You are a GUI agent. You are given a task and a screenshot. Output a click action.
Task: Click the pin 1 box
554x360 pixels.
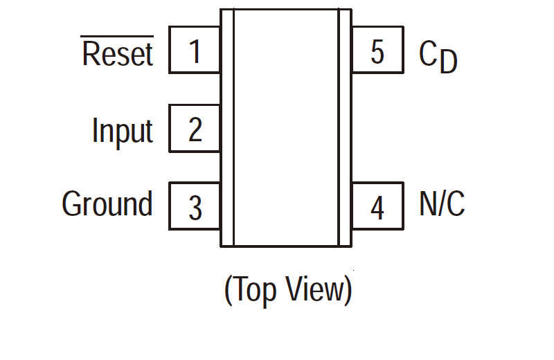195,51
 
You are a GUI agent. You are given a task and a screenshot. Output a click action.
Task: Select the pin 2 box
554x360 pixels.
195,129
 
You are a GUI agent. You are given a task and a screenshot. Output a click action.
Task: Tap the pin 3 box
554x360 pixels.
195,206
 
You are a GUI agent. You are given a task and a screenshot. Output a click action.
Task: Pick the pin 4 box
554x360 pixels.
377,206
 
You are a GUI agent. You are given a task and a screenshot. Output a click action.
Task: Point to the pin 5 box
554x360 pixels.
377,51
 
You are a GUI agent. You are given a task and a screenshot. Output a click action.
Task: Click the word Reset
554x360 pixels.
117,54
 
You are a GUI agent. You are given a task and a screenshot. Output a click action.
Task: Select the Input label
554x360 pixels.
122,131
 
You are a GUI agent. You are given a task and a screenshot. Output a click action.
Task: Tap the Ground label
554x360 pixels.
107,205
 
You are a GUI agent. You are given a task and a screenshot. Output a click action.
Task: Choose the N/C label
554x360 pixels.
442,205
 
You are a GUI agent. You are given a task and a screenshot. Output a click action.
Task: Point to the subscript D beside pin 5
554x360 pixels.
449,64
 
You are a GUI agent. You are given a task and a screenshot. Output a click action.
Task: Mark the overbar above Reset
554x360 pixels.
117,36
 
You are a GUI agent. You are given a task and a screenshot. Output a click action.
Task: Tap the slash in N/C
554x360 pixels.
442,205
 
